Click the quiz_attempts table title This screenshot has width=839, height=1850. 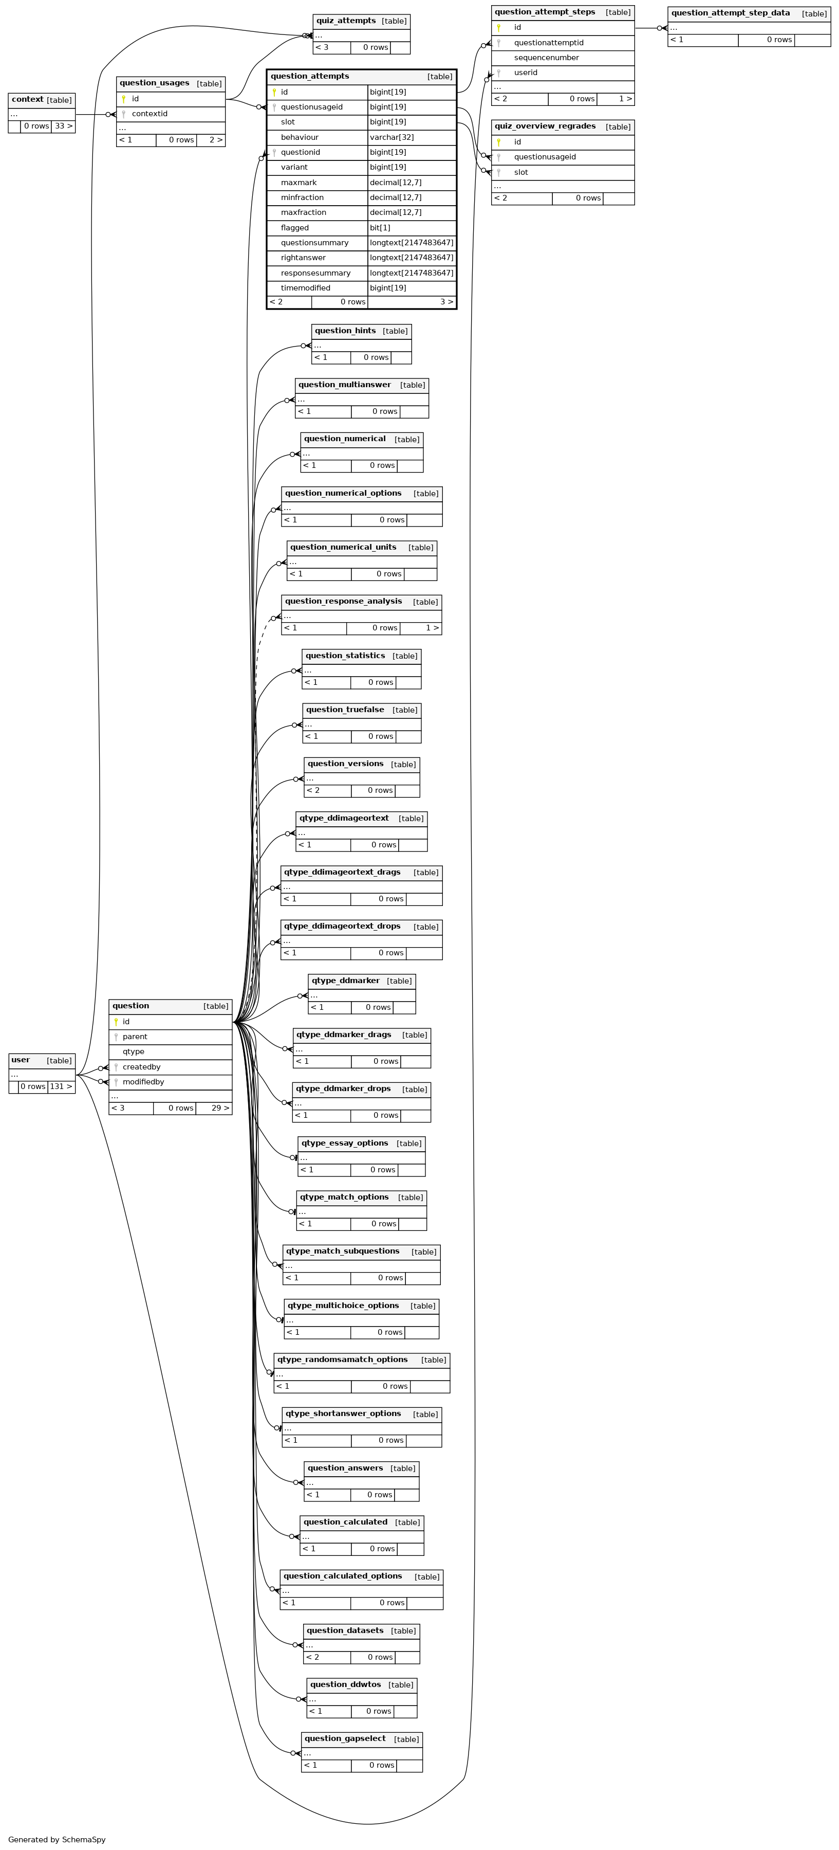pos(346,21)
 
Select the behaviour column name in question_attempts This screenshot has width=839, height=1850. pos(300,137)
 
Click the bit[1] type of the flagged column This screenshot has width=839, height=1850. pos(380,228)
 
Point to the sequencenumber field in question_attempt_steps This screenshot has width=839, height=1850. pos(546,58)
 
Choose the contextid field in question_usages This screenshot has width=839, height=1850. pos(150,114)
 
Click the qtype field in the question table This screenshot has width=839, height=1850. pos(134,1051)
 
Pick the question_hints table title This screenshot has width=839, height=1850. pos(345,330)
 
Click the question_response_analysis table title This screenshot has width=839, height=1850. pos(343,601)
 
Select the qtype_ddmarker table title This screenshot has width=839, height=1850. pos(345,981)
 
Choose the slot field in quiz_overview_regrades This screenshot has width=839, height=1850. pos(520,172)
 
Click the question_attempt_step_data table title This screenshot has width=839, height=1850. pos(730,13)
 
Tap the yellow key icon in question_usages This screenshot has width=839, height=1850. pos(123,99)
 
